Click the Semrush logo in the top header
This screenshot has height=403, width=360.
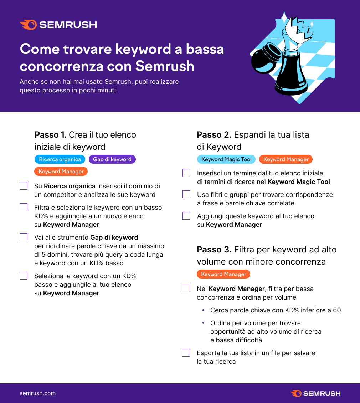(58, 25)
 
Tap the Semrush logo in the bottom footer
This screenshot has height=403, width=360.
(315, 393)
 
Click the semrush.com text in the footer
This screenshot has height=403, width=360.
(37, 393)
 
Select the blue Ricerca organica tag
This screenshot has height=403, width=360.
(60, 159)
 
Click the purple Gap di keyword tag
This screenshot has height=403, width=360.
(112, 159)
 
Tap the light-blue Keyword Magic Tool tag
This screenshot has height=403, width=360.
(226, 159)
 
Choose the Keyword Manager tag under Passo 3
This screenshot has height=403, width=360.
(223, 274)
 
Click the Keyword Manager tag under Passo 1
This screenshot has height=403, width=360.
(61, 172)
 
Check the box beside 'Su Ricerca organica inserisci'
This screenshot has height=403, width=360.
(24, 186)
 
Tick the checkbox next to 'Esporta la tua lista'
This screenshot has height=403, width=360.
(186, 353)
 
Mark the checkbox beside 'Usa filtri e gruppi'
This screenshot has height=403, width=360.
(186, 195)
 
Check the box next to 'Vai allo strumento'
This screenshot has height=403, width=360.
(24, 238)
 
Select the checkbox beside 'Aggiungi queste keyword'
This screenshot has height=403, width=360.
(186, 216)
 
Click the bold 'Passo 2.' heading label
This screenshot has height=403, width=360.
(214, 135)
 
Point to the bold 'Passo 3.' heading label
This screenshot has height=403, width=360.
(214, 250)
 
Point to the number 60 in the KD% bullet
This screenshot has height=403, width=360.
(337, 310)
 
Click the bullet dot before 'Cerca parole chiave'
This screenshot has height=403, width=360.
(204, 310)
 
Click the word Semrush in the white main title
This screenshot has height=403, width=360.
(165, 66)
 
